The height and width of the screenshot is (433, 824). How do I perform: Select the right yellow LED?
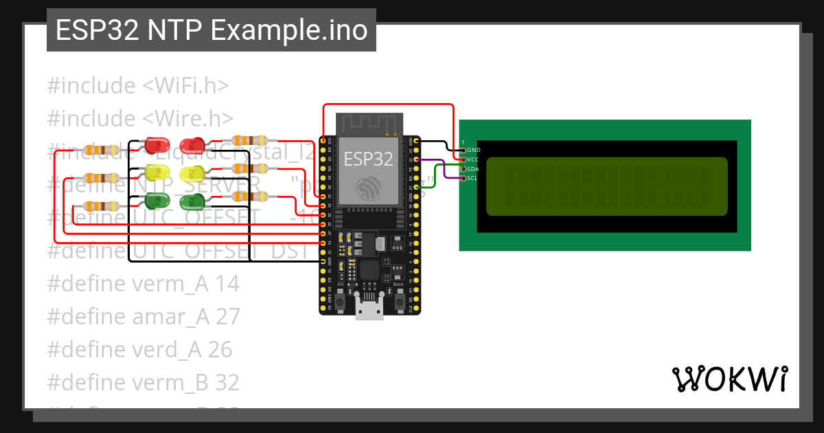tap(191, 173)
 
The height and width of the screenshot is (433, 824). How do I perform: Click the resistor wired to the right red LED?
tap(249, 141)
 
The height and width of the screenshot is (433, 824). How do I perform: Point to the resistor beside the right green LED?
tap(249, 197)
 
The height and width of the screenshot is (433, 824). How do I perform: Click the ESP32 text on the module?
tap(369, 159)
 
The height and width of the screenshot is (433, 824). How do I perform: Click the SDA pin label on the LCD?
tap(472, 169)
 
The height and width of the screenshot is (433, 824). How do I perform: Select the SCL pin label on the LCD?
tap(472, 179)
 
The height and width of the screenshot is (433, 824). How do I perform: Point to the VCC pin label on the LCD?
tap(472, 159)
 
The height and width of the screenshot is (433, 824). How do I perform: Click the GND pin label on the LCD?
tap(473, 150)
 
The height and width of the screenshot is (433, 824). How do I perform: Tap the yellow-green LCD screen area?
tap(606, 186)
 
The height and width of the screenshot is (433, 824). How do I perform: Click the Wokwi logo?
tap(729, 379)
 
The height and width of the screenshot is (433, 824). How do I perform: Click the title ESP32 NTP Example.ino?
tap(211, 31)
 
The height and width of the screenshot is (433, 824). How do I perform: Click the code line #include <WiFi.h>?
tap(137, 86)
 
